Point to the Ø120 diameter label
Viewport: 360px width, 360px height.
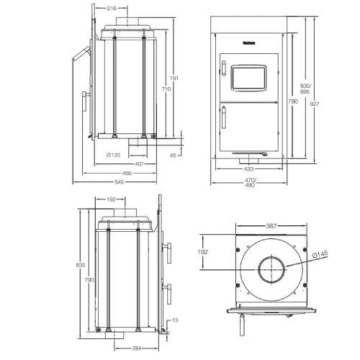[x=112, y=155]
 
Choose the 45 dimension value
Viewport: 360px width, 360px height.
[x=172, y=155]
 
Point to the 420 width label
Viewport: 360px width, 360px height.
[x=248, y=169]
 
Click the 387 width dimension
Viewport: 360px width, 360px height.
[x=271, y=226]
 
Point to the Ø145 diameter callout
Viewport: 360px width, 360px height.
[x=320, y=253]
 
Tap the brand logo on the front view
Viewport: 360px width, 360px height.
[x=248, y=42]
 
